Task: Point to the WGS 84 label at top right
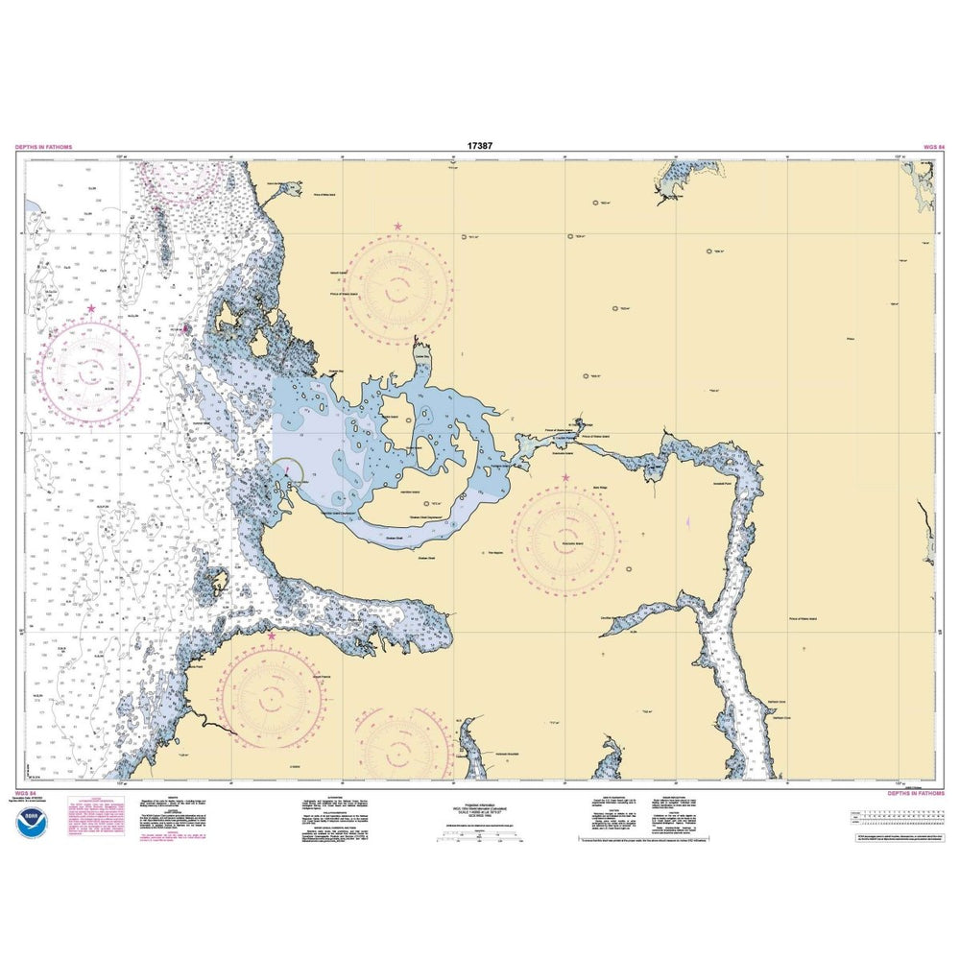point(932,147)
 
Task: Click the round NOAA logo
point(36,821)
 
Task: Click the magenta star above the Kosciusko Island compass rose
point(565,477)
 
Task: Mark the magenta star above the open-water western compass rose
point(91,309)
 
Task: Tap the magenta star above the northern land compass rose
point(397,228)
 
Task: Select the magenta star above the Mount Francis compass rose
point(272,636)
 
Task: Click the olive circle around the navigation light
point(293,470)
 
